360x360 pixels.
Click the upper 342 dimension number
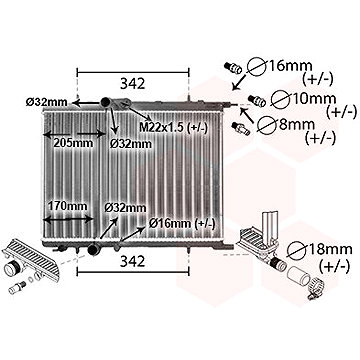click(x=133, y=84)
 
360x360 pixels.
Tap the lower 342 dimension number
click(x=133, y=262)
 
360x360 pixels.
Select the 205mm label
click(x=74, y=143)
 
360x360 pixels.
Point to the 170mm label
click(x=68, y=206)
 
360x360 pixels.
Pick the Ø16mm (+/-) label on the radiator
click(x=182, y=224)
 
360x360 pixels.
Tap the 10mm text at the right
click(x=313, y=99)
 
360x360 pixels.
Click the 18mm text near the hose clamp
click(x=329, y=249)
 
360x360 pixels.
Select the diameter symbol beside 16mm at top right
click(x=256, y=68)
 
